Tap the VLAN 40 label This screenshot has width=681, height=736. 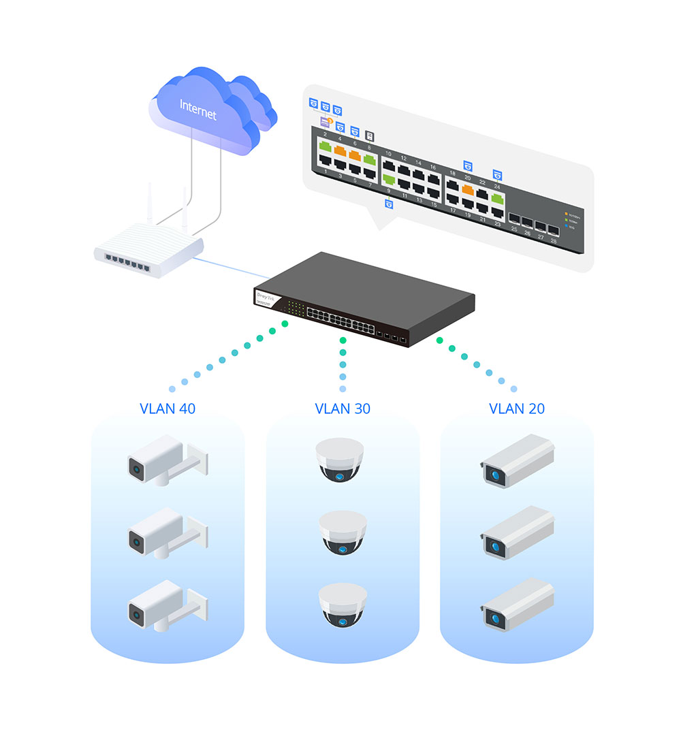pos(168,409)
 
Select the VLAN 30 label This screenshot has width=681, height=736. pos(343,409)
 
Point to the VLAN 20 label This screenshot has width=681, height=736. pos(517,409)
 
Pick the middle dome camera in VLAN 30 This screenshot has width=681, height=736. pos(343,532)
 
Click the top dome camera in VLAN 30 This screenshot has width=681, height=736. pos(340,460)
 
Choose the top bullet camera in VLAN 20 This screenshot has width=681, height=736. pos(518,460)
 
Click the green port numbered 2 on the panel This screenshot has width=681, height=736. pos(325,145)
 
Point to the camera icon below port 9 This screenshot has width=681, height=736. pos(389,203)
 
